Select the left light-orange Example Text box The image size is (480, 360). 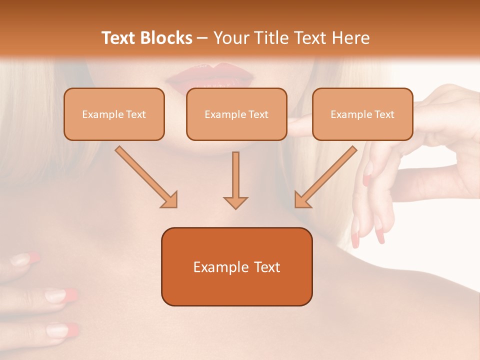click(114, 114)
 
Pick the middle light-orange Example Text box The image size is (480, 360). click(236, 114)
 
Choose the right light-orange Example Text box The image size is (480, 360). click(362, 114)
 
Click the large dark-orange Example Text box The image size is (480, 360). click(236, 266)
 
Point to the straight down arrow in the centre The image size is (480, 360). click(235, 180)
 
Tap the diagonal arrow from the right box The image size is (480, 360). click(325, 177)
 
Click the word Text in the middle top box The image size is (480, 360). click(258, 114)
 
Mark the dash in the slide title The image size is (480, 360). click(203, 38)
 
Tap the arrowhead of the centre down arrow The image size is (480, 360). click(235, 202)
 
